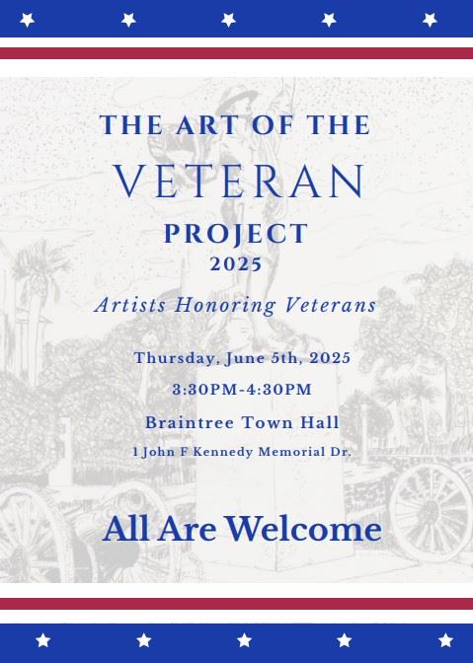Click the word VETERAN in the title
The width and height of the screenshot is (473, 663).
(x=239, y=182)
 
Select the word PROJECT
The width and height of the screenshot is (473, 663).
(x=236, y=234)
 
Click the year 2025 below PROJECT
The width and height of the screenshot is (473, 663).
(x=236, y=264)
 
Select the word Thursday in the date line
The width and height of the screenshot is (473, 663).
(x=172, y=357)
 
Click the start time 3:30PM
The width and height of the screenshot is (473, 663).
(x=202, y=390)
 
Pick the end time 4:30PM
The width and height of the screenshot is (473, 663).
(x=276, y=390)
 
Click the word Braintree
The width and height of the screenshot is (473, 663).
(x=188, y=422)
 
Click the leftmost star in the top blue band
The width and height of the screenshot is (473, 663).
(x=28, y=19)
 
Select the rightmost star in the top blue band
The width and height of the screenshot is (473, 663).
(x=430, y=19)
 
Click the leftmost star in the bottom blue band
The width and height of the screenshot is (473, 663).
(x=42, y=640)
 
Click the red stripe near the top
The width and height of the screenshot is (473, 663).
(x=236, y=53)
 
